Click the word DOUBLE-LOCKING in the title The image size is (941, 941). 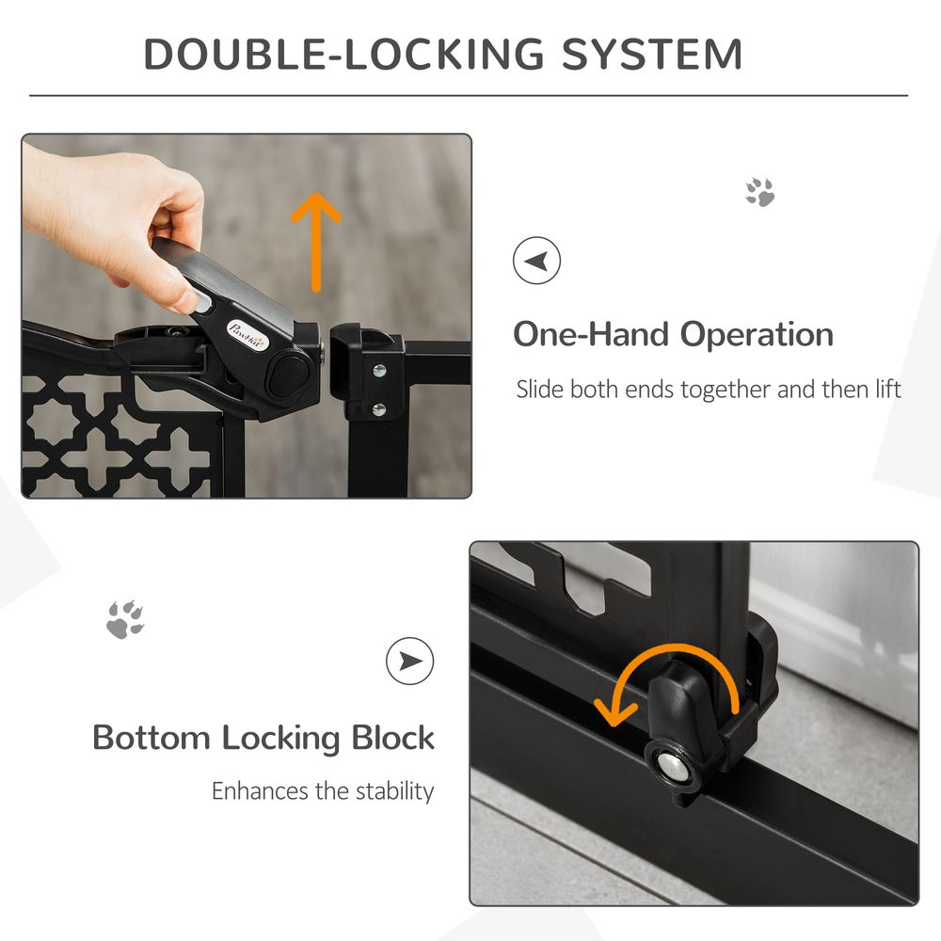(344, 55)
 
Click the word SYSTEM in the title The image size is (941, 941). (652, 55)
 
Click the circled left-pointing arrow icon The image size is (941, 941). (536, 261)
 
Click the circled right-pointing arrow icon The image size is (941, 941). (410, 662)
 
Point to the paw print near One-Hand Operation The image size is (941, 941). (760, 191)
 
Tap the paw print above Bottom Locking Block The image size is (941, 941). (125, 619)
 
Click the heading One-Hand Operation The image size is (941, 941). (673, 334)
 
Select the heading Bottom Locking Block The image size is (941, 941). (263, 737)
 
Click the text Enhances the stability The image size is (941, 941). (323, 790)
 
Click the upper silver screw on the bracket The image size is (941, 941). (378, 370)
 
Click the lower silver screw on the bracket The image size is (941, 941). (378, 408)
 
